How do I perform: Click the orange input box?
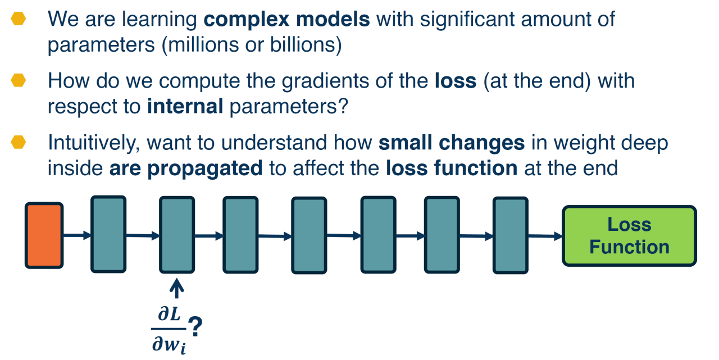coord(44,235)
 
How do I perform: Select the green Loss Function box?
coord(629,236)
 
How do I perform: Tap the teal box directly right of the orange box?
coord(108,234)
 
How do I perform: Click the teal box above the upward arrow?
coord(177,235)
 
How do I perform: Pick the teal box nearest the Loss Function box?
coord(511,235)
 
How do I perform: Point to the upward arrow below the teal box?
coord(176,289)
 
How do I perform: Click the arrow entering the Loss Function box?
coord(545,236)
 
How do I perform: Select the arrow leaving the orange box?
coord(77,235)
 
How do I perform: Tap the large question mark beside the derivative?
coord(195,326)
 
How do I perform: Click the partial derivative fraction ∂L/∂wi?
coord(169,330)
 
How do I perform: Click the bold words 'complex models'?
coord(286,20)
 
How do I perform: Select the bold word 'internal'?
coord(185,106)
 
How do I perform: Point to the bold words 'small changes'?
coord(452,143)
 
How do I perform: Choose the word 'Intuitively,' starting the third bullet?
coord(94,143)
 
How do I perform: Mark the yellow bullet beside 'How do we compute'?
coord(19,80)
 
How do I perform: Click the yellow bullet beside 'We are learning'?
coord(19,19)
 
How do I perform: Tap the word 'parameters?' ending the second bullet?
coord(289,107)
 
